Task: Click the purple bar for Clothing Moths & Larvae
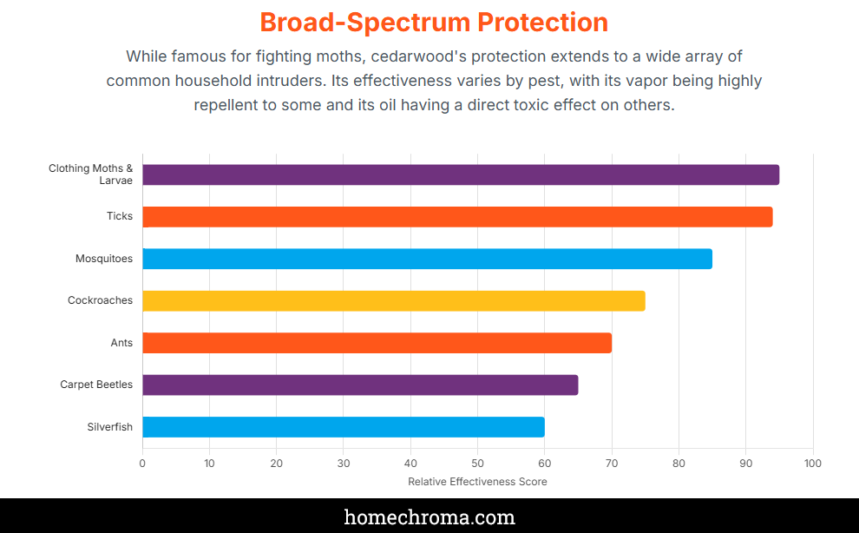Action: tap(460, 174)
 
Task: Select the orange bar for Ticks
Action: tap(457, 217)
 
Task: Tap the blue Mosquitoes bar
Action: tap(427, 259)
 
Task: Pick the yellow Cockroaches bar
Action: tap(393, 300)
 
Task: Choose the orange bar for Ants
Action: tap(377, 343)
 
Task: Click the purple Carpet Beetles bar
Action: tap(360, 385)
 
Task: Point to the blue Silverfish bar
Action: tap(343, 427)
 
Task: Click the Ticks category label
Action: tap(120, 216)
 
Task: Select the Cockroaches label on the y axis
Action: tap(100, 300)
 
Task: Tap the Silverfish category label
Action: tap(109, 427)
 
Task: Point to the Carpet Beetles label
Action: tap(96, 385)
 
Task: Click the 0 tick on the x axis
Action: tap(142, 464)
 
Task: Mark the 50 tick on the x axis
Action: tap(477, 464)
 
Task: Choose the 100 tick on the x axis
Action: tap(812, 464)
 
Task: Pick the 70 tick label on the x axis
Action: tap(612, 464)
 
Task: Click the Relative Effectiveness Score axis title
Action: tap(477, 482)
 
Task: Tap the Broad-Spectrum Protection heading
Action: tap(434, 22)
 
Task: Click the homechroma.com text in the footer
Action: tap(429, 517)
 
